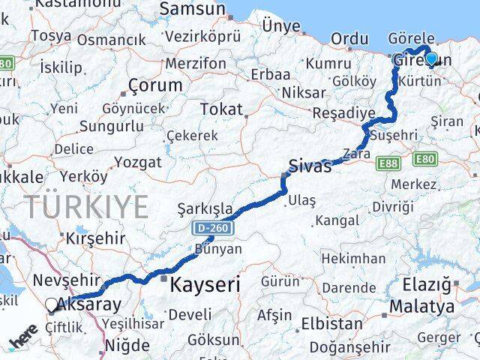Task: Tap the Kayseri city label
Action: point(205,285)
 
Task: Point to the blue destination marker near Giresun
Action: point(431,58)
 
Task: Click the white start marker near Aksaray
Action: point(51,304)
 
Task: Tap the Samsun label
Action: point(192,9)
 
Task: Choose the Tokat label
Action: point(221,109)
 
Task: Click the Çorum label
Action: point(155,85)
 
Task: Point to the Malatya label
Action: point(421,307)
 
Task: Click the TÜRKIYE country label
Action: point(86,206)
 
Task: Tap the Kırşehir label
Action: point(95,236)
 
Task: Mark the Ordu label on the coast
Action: point(349,37)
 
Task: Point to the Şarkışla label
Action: point(205,208)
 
